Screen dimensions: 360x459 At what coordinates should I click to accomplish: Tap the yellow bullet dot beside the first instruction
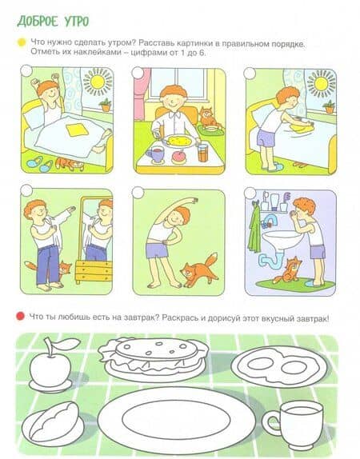click(x=22, y=42)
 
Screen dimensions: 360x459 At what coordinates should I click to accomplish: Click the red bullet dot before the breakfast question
click(x=20, y=316)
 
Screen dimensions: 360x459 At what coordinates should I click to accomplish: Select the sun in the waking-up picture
click(x=98, y=81)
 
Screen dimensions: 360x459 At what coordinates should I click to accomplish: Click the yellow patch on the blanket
click(x=78, y=130)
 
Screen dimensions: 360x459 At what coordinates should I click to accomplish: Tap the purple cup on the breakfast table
click(x=155, y=154)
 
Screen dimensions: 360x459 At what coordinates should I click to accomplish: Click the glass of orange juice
click(x=202, y=153)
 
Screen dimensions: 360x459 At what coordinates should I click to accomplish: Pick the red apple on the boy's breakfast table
click(x=178, y=157)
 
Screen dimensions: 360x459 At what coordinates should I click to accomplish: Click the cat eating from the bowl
click(x=206, y=118)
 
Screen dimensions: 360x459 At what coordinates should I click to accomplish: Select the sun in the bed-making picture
click(x=322, y=84)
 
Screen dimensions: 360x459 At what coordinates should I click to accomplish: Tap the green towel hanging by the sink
click(x=254, y=229)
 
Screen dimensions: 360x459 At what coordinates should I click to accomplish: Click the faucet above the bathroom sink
click(x=270, y=221)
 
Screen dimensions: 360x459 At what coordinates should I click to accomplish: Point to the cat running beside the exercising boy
click(x=199, y=269)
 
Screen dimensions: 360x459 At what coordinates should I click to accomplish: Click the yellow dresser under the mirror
click(x=94, y=271)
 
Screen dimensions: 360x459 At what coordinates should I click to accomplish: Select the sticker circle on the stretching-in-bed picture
click(x=26, y=70)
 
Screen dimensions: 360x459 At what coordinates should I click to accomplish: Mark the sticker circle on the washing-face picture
click(x=250, y=193)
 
